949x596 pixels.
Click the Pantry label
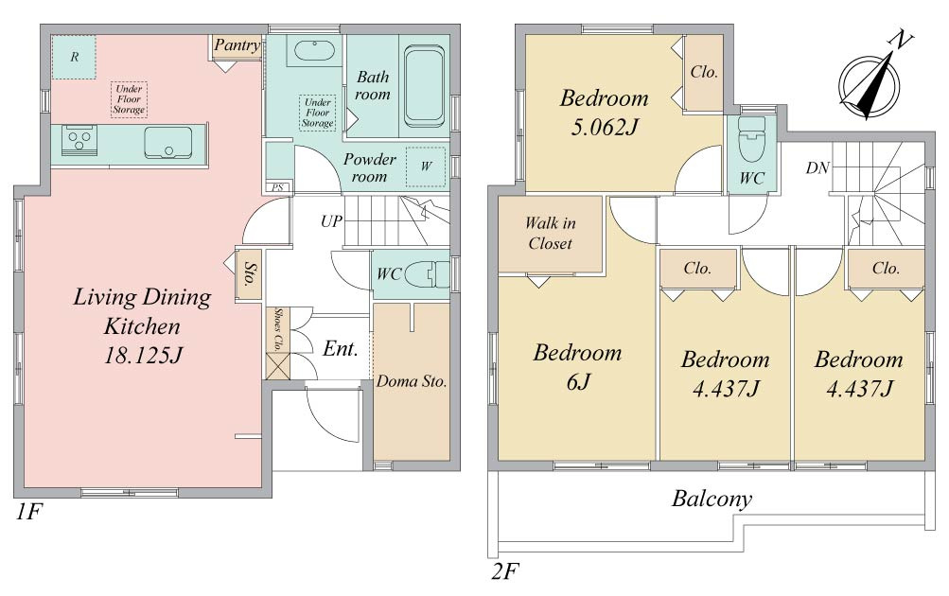(x=237, y=44)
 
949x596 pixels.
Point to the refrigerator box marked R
(x=74, y=57)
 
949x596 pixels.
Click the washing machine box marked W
(x=426, y=166)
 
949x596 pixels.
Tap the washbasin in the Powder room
(x=313, y=51)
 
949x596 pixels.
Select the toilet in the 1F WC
(x=427, y=274)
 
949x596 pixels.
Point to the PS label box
(x=278, y=187)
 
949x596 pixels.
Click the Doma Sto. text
(x=412, y=381)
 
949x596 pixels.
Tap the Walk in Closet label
(x=550, y=233)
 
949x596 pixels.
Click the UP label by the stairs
(x=332, y=221)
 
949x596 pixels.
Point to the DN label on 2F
(x=817, y=168)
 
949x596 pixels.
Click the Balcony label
(x=712, y=499)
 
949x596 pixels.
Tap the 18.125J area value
(x=143, y=355)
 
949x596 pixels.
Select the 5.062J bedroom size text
(x=605, y=127)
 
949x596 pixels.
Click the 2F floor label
(x=504, y=571)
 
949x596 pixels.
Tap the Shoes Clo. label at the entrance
(x=278, y=330)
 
